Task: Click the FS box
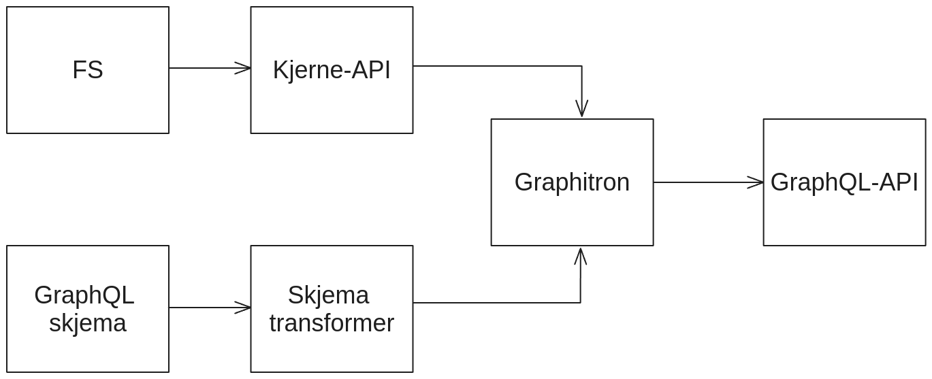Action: click(x=88, y=102)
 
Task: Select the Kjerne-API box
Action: click(x=332, y=102)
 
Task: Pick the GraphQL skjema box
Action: click(x=88, y=347)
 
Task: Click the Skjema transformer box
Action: click(x=332, y=350)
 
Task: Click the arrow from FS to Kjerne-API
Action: click(x=204, y=68)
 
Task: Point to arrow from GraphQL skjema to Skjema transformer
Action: click(x=204, y=308)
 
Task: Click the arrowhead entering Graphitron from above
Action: click(x=581, y=110)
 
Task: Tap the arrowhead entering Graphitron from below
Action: click(x=580, y=256)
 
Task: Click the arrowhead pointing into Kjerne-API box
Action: click(x=243, y=68)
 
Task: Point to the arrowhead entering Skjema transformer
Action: click(x=243, y=308)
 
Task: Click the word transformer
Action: click(x=332, y=323)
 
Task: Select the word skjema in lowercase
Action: click(x=88, y=323)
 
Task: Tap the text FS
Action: click(x=88, y=70)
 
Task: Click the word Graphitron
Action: click(x=572, y=182)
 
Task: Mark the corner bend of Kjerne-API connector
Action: click(x=581, y=66)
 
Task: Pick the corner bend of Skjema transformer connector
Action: click(x=580, y=303)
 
